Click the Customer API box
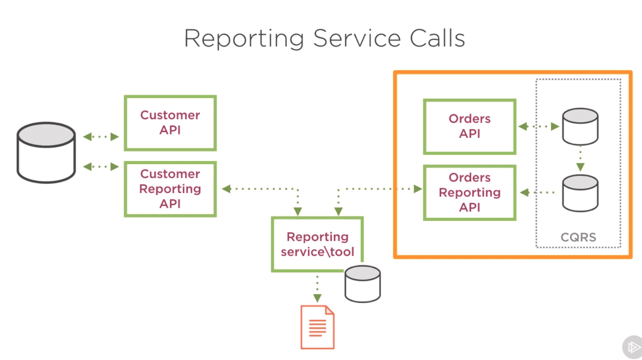pyautogui.click(x=170, y=123)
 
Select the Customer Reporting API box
pyautogui.click(x=170, y=189)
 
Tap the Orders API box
pyautogui.click(x=469, y=126)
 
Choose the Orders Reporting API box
pyautogui.click(x=469, y=192)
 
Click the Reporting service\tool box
pyautogui.click(x=317, y=244)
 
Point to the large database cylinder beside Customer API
pyautogui.click(x=46, y=153)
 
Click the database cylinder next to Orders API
pyautogui.click(x=580, y=126)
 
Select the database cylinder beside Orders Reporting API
pyautogui.click(x=580, y=193)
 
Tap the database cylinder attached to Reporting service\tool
pyautogui.click(x=363, y=284)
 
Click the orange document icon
pyautogui.click(x=317, y=327)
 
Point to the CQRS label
pyautogui.click(x=579, y=237)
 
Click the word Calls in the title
pyautogui.click(x=437, y=38)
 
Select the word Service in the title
pyautogui.click(x=357, y=38)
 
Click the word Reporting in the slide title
pyautogui.click(x=244, y=39)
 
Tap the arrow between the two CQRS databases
pyautogui.click(x=580, y=159)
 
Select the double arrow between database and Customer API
pyautogui.click(x=101, y=137)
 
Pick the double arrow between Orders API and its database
pyautogui.click(x=539, y=126)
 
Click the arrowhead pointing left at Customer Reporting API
pyautogui.click(x=226, y=189)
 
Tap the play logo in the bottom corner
pyautogui.click(x=633, y=347)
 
